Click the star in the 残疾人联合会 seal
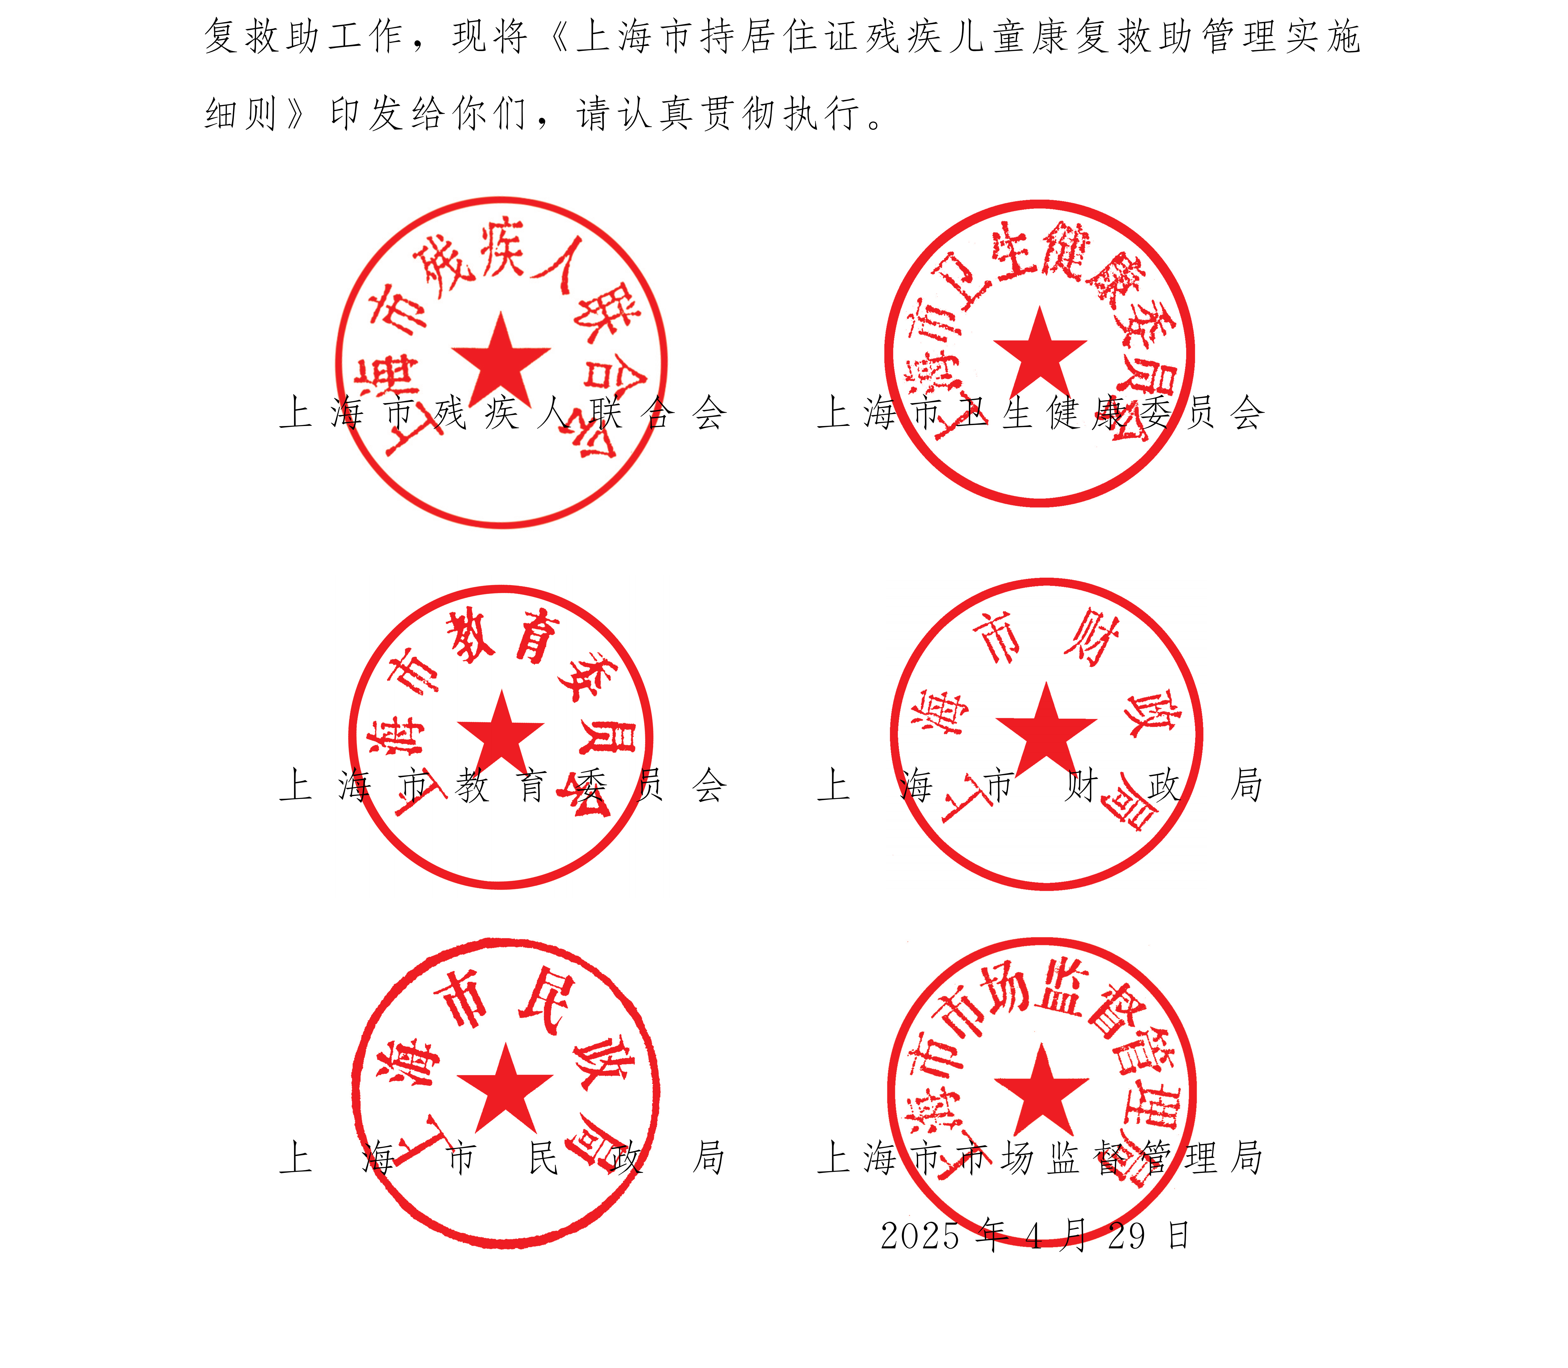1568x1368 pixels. point(501,357)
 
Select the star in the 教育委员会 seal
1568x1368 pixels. point(501,731)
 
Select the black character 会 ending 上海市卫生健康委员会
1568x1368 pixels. point(1246,413)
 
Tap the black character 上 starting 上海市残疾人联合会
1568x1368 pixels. point(295,413)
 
